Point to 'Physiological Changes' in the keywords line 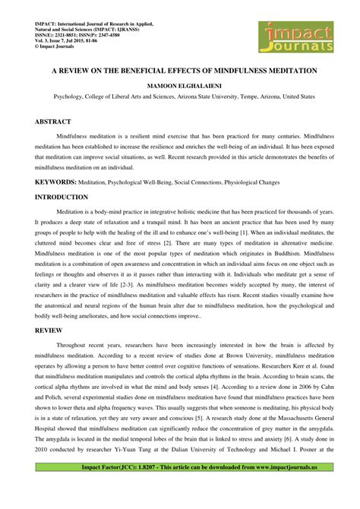tap(248, 182)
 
